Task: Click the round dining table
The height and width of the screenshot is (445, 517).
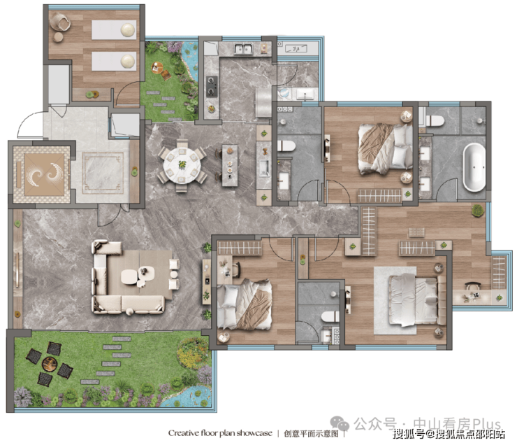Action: (182, 164)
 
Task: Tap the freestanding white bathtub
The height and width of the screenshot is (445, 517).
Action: (474, 167)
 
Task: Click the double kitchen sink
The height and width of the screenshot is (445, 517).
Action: (243, 49)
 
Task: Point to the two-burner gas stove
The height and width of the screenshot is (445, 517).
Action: (212, 86)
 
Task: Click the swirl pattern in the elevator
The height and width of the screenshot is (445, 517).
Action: (45, 174)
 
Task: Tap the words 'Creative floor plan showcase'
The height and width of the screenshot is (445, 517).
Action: (220, 433)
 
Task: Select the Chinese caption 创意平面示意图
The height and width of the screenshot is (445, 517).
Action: (312, 433)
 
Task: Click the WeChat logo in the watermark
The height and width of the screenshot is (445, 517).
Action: (340, 423)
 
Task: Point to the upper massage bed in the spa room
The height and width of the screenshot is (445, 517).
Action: (114, 29)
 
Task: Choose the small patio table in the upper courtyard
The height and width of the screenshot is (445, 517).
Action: (158, 68)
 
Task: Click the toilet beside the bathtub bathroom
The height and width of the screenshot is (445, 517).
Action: (435, 121)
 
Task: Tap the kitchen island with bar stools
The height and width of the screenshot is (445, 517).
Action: (229, 165)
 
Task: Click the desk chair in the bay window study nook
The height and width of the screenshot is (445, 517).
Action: (472, 285)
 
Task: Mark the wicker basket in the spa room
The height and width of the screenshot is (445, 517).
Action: (60, 21)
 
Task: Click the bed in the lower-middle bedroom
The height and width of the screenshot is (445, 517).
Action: (245, 304)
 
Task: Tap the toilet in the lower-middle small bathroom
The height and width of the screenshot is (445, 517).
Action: (330, 317)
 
